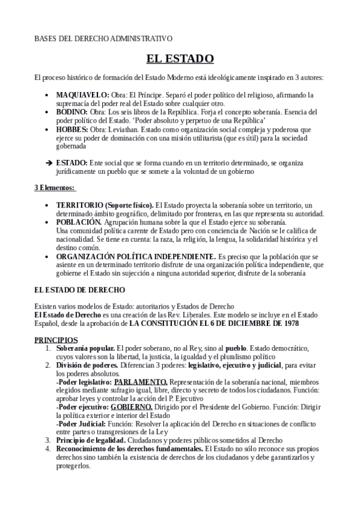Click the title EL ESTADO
coord(180,58)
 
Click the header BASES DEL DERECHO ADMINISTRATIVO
coord(103,38)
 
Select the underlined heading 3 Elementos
coord(55,188)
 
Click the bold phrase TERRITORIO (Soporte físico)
coord(105,205)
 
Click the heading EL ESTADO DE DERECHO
coord(79,289)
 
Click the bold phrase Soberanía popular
coord(85,348)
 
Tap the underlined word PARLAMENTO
coord(141,381)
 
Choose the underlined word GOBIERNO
coord(132,407)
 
